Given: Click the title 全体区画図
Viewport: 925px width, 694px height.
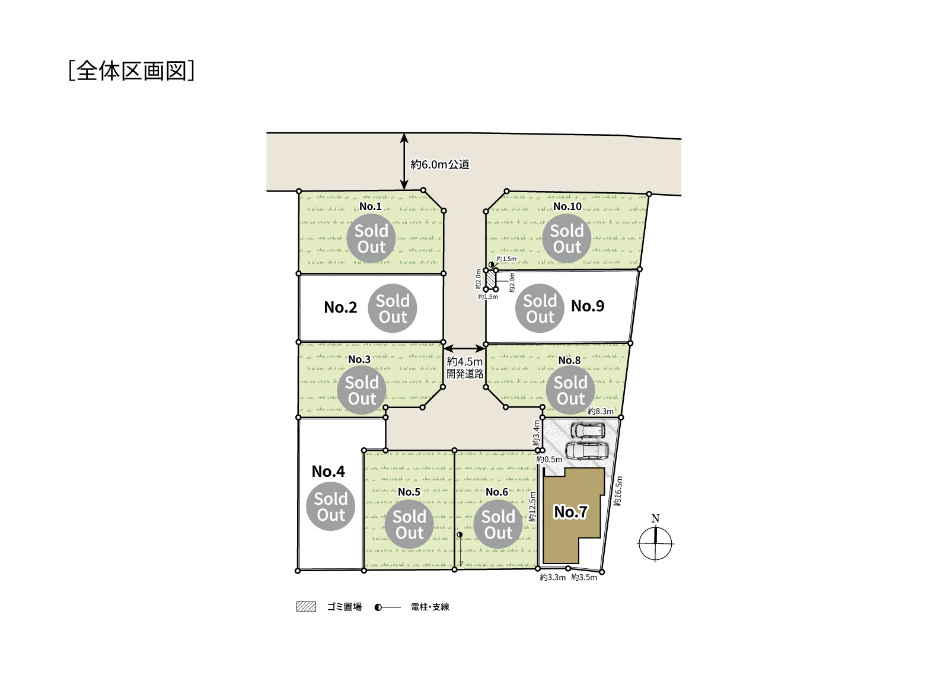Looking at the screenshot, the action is pyautogui.click(x=131, y=71).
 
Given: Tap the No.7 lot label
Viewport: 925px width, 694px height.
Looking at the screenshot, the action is pyautogui.click(x=570, y=511).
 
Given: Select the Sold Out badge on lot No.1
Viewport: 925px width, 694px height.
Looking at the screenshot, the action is pyautogui.click(x=371, y=238).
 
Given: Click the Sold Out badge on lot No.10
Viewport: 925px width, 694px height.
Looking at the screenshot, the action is pyautogui.click(x=567, y=238).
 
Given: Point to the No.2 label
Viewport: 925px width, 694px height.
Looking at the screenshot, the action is pyautogui.click(x=340, y=307).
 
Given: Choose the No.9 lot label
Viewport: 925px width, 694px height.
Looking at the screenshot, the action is pyautogui.click(x=588, y=306).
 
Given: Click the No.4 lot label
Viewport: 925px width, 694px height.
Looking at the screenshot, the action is pyautogui.click(x=328, y=472).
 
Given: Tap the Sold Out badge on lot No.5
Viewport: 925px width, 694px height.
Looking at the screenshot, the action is pyautogui.click(x=409, y=524).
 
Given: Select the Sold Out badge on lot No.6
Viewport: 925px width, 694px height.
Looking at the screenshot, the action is pyautogui.click(x=498, y=524).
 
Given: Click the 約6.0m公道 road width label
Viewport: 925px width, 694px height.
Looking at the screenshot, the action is pyautogui.click(x=440, y=164).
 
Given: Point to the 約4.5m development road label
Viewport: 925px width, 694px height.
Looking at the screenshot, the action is pyautogui.click(x=465, y=367).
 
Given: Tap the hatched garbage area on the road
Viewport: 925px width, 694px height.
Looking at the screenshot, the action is pyautogui.click(x=491, y=279).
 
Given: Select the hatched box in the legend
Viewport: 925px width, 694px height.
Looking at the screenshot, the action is pyautogui.click(x=306, y=606).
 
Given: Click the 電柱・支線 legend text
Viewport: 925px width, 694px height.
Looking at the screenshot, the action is pyautogui.click(x=430, y=607).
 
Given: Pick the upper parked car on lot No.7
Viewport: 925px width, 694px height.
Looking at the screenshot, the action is pyautogui.click(x=588, y=431).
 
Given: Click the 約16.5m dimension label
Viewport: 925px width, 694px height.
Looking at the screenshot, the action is pyautogui.click(x=618, y=491).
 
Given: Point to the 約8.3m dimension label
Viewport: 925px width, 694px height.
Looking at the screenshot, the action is pyautogui.click(x=601, y=411).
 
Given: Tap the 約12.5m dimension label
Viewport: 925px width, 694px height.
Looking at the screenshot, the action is pyautogui.click(x=532, y=507).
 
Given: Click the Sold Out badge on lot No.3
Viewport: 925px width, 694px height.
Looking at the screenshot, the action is pyautogui.click(x=362, y=390).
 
